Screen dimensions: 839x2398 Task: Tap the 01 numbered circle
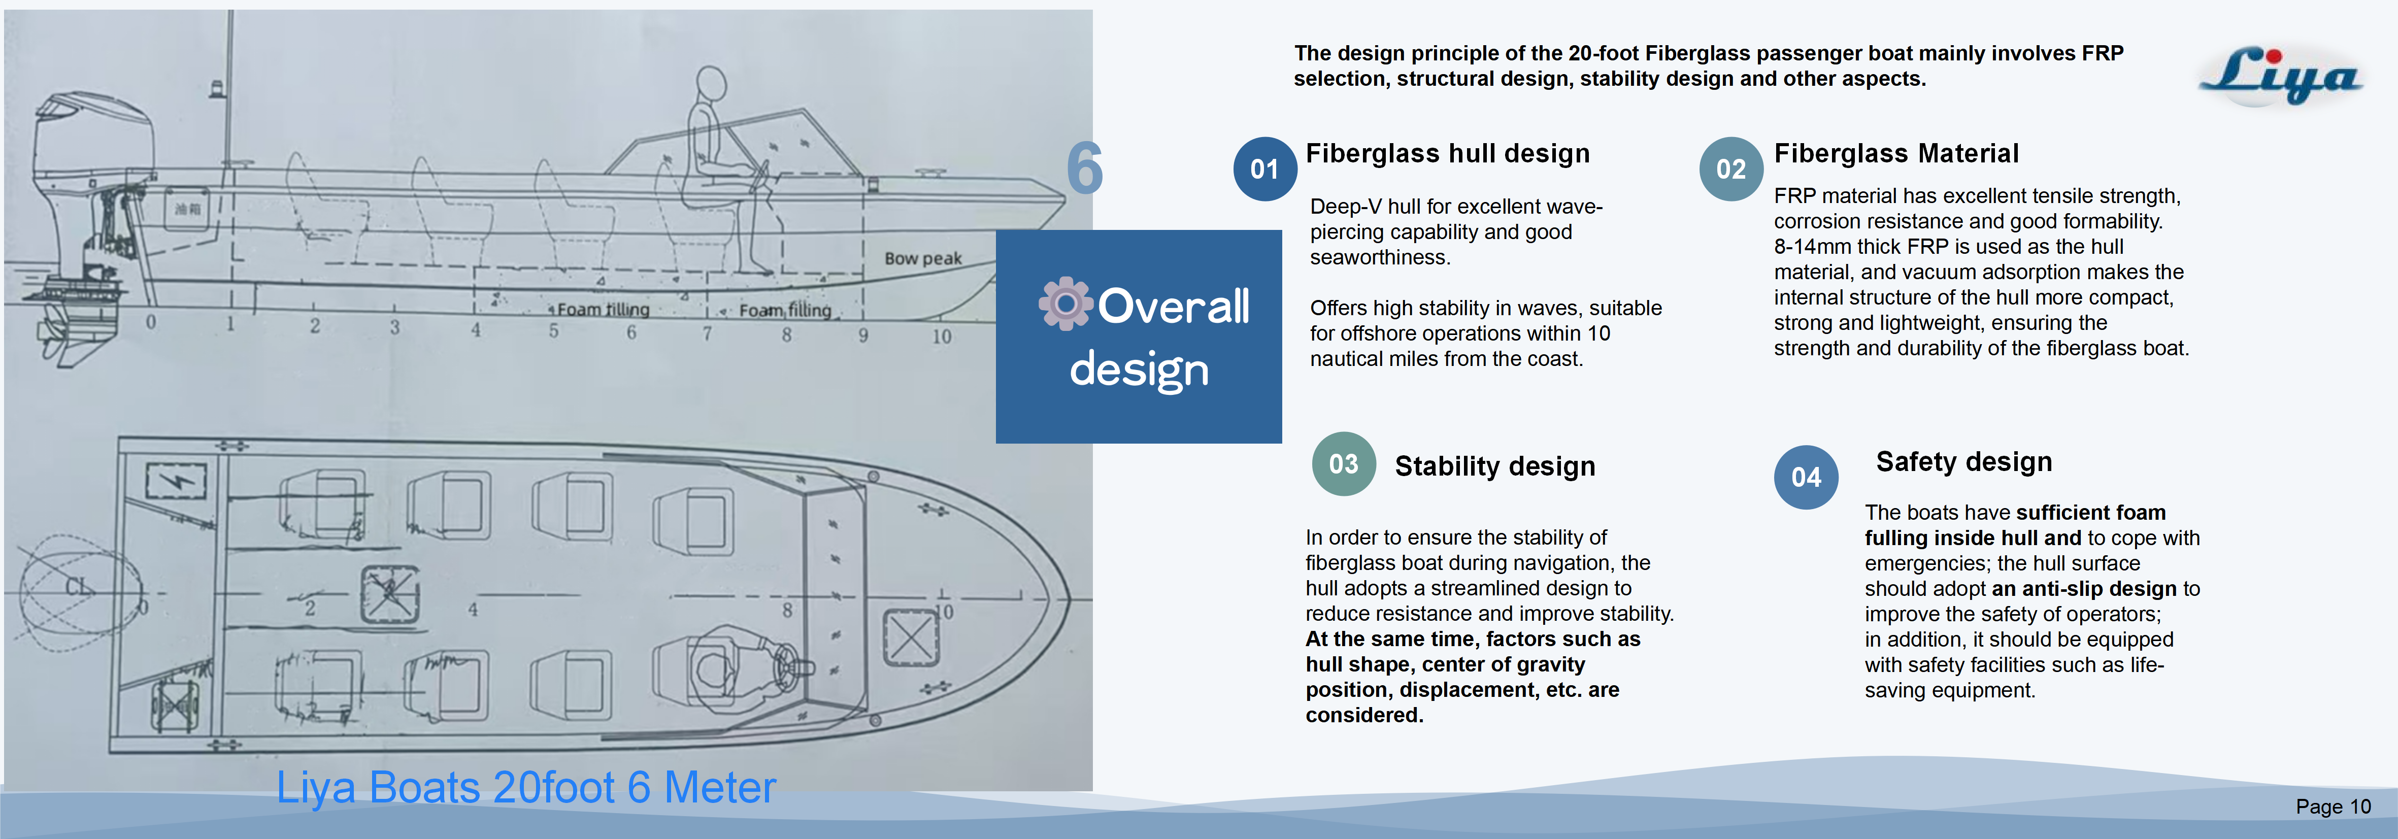click(x=1264, y=169)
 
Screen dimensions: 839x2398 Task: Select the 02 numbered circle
click(x=1730, y=169)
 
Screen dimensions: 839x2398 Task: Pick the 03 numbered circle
click(x=1343, y=464)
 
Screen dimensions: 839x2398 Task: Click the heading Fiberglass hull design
click(x=1448, y=154)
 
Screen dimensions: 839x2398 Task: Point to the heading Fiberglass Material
click(x=1895, y=154)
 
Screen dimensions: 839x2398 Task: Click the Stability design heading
click(x=1494, y=465)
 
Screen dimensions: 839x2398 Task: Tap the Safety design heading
click(x=1963, y=462)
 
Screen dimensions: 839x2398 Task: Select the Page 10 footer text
click(x=2333, y=807)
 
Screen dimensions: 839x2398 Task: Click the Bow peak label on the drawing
click(x=922, y=258)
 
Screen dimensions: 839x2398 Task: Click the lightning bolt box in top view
click(x=176, y=481)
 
